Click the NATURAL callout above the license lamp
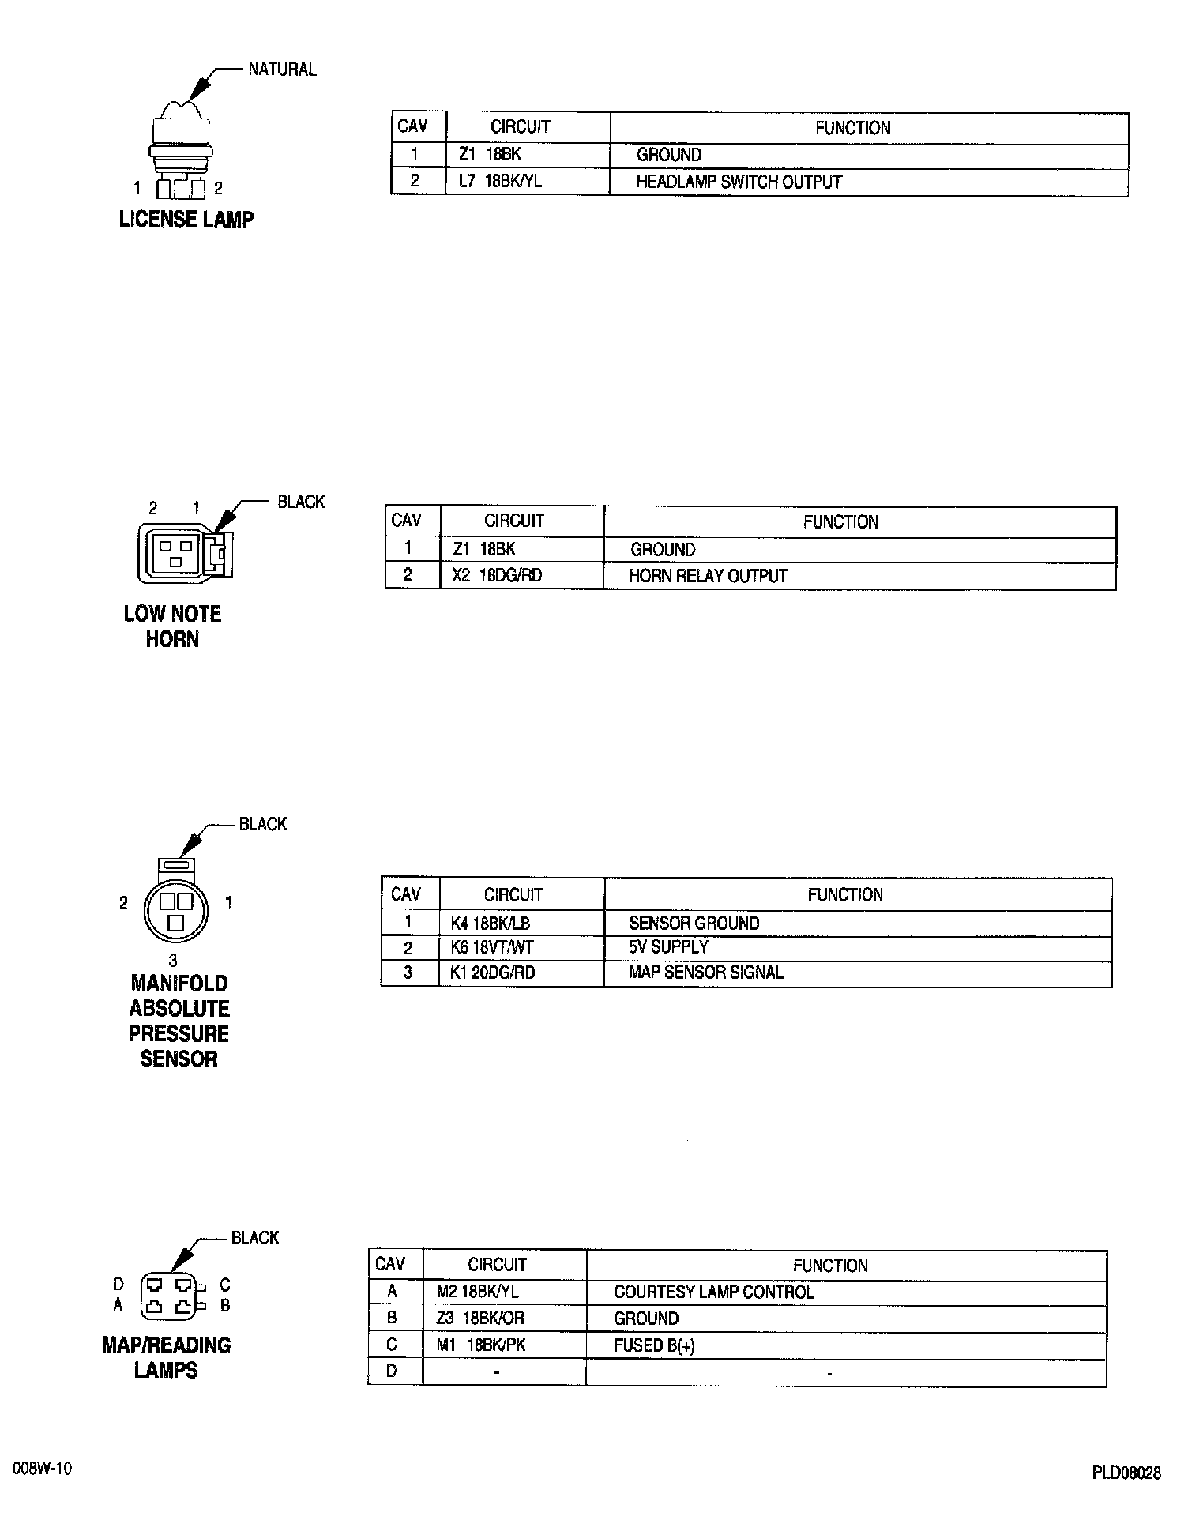(282, 70)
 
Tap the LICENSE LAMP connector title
(186, 220)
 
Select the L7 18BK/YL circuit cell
(500, 182)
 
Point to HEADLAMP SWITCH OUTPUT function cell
(739, 182)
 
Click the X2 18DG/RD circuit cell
(497, 575)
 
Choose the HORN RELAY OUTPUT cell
(708, 576)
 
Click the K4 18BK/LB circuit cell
(490, 923)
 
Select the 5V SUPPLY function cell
(668, 947)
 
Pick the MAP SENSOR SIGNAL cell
(705, 973)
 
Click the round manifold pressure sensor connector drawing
(177, 909)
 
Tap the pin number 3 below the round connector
(173, 961)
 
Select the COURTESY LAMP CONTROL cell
(713, 1292)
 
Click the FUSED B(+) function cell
(654, 1345)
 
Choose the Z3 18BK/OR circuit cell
(480, 1319)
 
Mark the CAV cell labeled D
(392, 1372)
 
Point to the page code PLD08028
(1126, 1473)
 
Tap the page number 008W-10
(43, 1469)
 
